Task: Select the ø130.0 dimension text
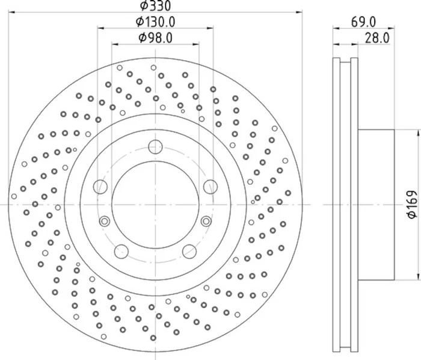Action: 155,22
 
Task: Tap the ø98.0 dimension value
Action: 155,37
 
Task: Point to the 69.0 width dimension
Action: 363,22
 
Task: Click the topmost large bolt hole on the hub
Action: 155,146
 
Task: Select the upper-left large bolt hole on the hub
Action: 100,186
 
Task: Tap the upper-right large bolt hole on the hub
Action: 210,186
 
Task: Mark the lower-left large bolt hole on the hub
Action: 121,250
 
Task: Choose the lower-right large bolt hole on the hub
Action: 189,250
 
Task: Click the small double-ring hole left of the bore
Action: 105,221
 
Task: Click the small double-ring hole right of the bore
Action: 206,221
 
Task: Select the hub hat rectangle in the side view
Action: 376,205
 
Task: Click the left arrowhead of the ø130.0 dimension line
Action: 100,28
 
